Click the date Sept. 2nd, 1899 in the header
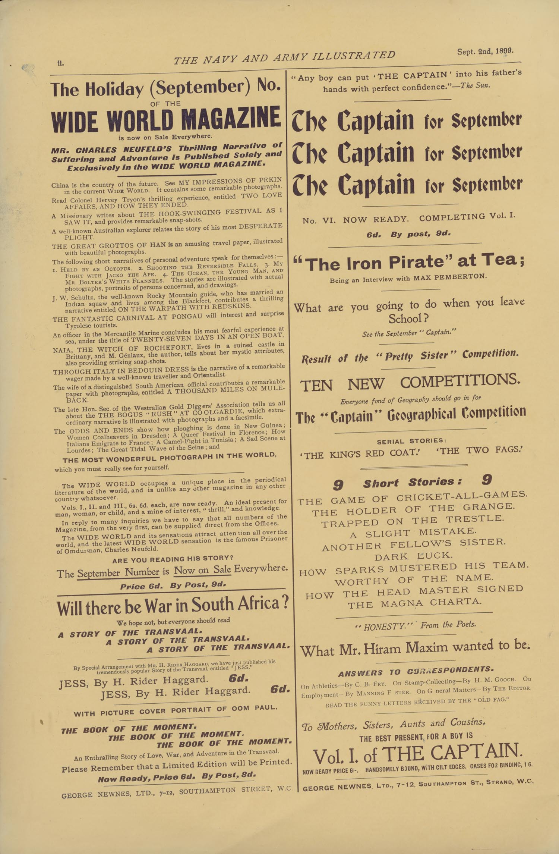click(x=485, y=51)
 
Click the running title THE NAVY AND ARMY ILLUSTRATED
click(x=284, y=57)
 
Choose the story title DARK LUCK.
click(x=413, y=556)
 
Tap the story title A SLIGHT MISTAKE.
click(x=413, y=533)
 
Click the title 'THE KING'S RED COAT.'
click(x=360, y=453)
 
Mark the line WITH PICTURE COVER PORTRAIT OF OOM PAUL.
click(x=176, y=711)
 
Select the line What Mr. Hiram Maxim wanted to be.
click(x=415, y=649)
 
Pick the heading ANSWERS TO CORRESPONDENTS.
click(x=416, y=671)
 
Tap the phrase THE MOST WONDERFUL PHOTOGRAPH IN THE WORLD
click(x=169, y=458)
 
